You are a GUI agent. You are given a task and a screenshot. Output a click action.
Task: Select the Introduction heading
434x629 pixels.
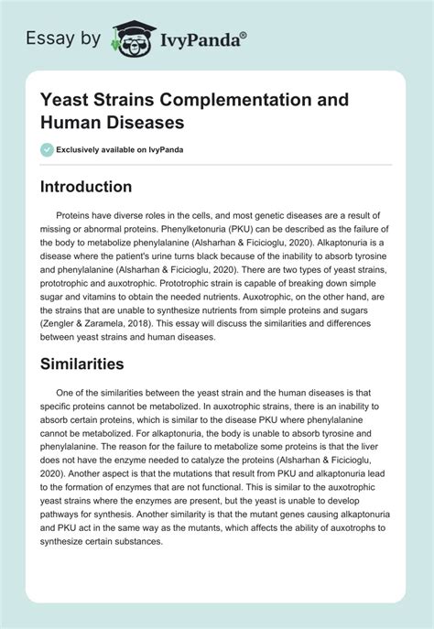pos(98,187)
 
